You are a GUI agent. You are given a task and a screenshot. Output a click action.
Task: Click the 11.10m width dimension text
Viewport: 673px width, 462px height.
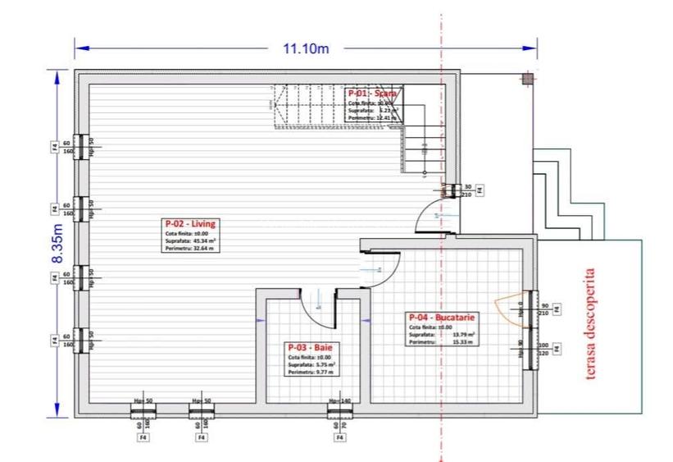306,48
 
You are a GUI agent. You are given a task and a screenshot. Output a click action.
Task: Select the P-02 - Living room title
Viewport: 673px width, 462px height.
191,223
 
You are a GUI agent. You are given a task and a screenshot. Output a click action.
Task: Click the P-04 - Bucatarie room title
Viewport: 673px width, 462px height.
443,318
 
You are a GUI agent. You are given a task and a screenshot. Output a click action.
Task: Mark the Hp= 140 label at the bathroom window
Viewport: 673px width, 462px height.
339,401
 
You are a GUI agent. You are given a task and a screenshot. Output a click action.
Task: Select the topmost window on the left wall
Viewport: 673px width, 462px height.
80,147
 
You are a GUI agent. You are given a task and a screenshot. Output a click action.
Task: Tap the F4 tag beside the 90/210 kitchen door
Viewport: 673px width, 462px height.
557,309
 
